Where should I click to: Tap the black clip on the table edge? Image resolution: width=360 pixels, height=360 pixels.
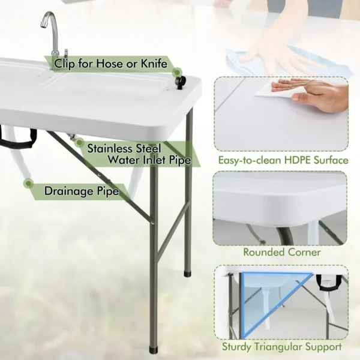178,82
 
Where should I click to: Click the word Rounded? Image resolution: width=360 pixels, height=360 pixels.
263,252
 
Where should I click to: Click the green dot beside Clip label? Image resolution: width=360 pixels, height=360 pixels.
47,59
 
